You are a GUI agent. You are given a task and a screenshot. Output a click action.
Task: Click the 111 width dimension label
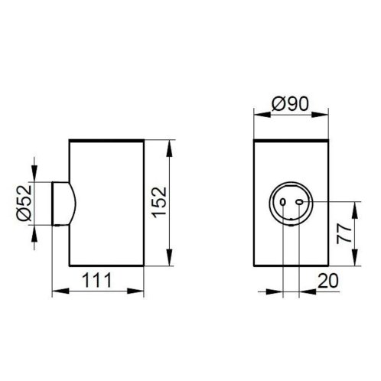coord(97,280)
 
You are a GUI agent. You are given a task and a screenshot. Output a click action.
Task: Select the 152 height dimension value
coord(159,203)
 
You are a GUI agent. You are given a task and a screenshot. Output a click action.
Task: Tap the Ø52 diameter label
coord(24,203)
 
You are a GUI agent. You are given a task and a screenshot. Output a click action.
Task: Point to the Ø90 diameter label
coord(290,104)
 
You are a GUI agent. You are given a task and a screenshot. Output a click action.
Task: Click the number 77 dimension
coord(344,234)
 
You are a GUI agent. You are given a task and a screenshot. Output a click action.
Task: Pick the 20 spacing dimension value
coord(328,281)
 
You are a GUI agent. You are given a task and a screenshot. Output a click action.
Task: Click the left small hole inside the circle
coord(282,202)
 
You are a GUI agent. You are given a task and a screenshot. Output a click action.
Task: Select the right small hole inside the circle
coord(299,202)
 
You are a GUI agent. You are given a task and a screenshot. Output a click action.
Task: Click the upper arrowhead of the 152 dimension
coord(169,148)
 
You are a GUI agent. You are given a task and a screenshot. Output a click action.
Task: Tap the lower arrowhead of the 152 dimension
coord(169,257)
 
